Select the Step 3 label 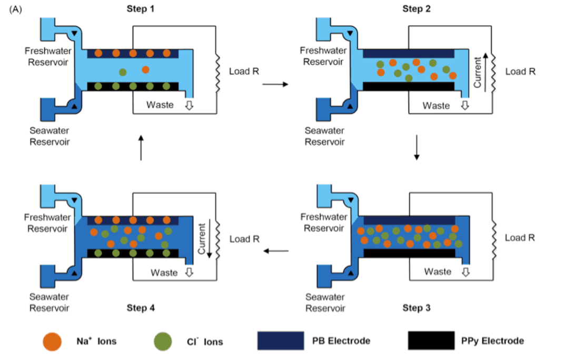click(x=417, y=307)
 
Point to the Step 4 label click(x=141, y=308)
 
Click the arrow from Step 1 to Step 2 click(x=274, y=84)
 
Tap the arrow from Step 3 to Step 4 click(x=275, y=251)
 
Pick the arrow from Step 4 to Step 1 click(x=141, y=147)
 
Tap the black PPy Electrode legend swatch click(x=431, y=341)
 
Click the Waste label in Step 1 click(x=160, y=105)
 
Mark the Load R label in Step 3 click(x=520, y=238)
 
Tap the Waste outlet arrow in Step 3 click(x=466, y=272)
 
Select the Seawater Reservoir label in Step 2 click(x=325, y=136)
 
